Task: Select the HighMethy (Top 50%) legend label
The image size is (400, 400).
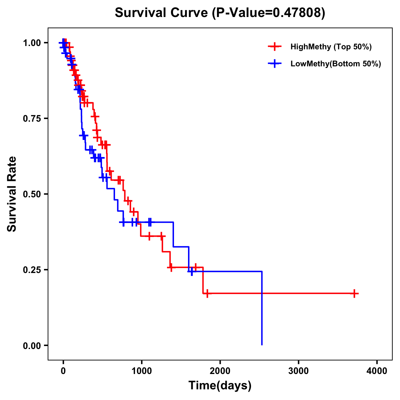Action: (331, 47)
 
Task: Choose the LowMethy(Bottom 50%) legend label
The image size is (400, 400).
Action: (335, 64)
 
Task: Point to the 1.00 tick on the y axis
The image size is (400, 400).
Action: (32, 43)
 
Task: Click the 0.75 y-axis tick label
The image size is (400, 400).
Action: (32, 118)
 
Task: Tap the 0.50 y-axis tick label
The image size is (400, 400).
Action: (32, 194)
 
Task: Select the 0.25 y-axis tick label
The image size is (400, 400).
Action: (32, 270)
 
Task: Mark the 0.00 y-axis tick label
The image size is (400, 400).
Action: (32, 345)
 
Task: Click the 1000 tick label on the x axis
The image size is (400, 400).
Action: (141, 371)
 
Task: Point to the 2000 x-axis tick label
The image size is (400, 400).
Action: (220, 371)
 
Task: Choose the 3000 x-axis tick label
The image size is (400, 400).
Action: (298, 371)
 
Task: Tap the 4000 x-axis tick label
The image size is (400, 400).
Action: (377, 371)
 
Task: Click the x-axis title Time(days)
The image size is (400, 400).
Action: (220, 386)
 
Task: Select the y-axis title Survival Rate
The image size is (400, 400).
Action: (12, 194)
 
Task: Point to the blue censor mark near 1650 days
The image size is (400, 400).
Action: (192, 272)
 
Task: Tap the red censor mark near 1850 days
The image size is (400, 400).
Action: (207, 294)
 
